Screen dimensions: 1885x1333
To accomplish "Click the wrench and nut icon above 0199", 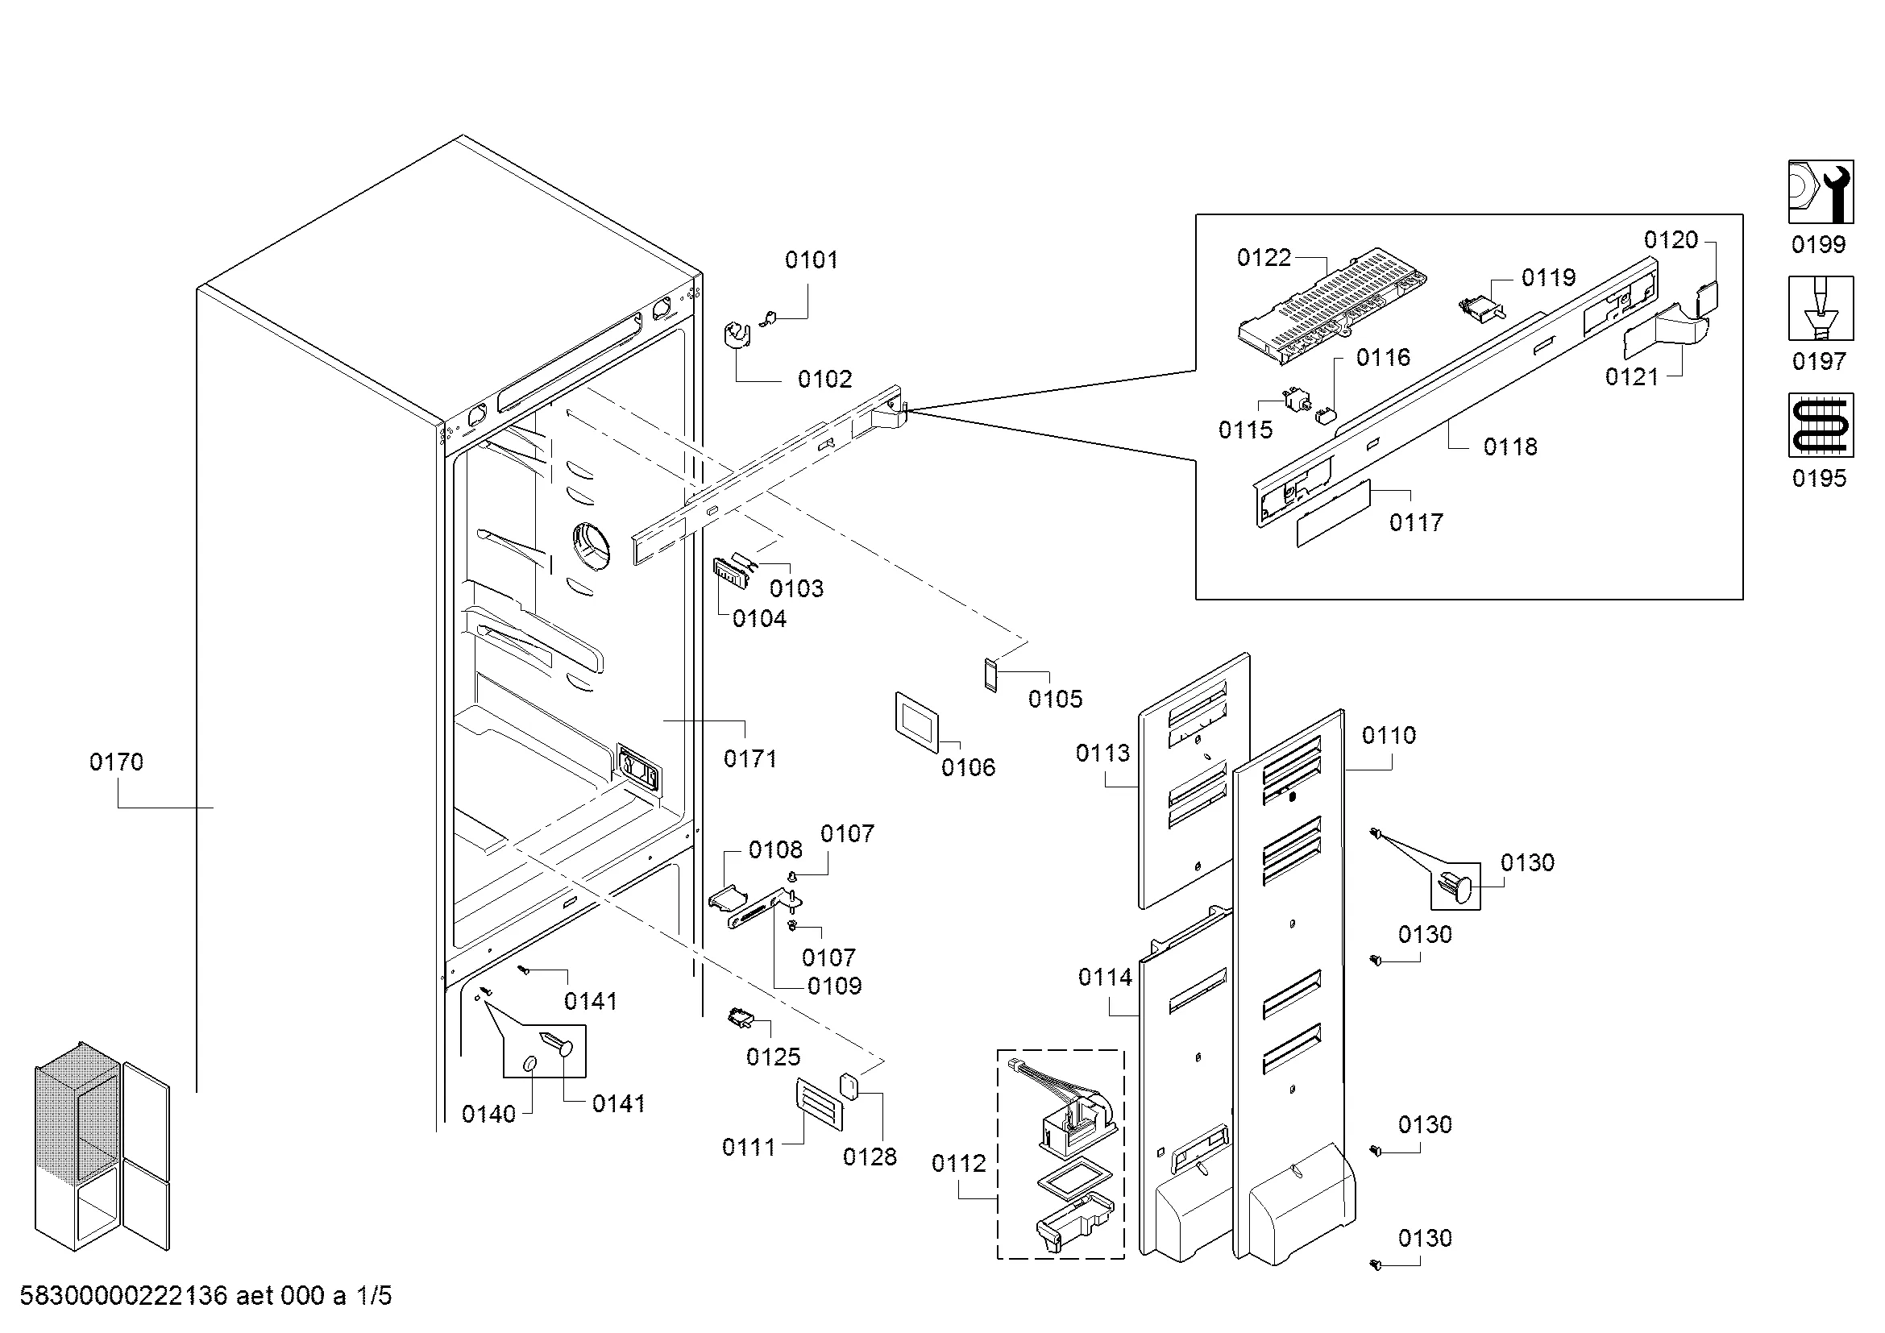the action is point(1821,192).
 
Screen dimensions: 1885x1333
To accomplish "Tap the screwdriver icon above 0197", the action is point(1821,309).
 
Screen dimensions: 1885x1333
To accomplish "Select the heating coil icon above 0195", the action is point(1821,426).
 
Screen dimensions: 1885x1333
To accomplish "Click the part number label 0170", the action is point(117,762).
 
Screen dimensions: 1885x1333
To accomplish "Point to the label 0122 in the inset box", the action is point(1264,259).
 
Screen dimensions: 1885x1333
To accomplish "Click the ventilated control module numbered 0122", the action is point(1331,305).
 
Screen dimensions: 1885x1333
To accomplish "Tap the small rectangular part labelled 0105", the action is point(991,674).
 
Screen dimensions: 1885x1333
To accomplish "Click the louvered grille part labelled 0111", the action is point(819,1105).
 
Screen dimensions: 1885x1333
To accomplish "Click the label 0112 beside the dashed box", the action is point(959,1164).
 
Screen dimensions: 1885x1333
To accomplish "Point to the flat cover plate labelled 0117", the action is point(1334,514).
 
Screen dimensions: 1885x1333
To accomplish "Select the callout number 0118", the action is point(1510,447).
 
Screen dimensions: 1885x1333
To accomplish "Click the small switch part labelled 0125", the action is point(740,1019).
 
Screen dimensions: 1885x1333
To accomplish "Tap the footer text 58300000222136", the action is point(123,1296).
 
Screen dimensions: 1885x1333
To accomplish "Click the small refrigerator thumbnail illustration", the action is point(102,1146).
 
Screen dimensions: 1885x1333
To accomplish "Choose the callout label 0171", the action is point(750,759).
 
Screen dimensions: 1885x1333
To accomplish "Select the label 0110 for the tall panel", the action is point(1389,736).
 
